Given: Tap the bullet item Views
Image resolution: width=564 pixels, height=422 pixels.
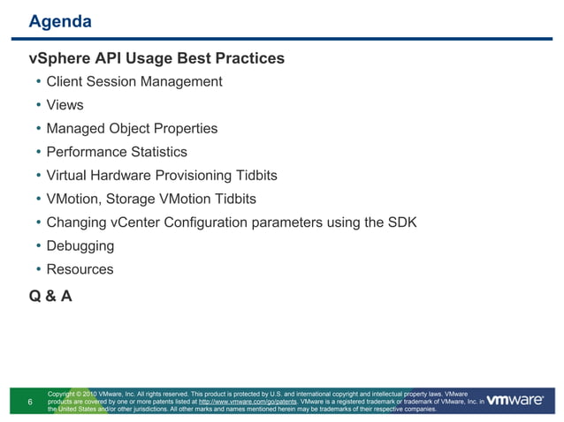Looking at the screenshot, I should point(65,105).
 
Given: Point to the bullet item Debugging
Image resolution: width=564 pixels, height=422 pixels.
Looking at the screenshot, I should point(80,246).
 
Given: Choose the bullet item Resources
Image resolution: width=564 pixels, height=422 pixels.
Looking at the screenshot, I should point(80,269).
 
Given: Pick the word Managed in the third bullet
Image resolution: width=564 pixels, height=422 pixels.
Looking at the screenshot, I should point(77,129).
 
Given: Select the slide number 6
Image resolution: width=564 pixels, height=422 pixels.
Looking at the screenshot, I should point(31,403).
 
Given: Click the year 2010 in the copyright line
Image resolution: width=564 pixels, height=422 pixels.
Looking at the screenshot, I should point(95,392).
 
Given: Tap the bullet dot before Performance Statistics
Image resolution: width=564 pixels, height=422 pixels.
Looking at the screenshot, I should point(38,152).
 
